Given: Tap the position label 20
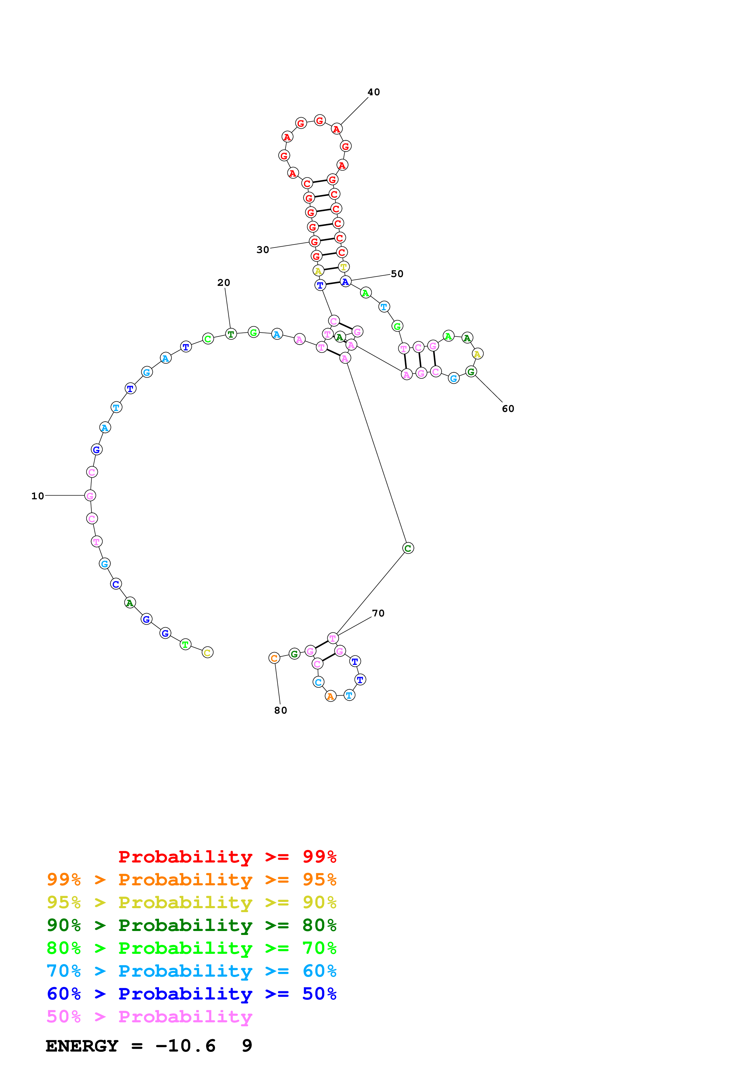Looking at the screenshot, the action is click(x=224, y=282).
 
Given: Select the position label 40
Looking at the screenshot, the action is click(x=374, y=92).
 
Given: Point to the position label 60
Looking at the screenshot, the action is click(x=508, y=408).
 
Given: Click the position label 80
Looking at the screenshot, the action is click(x=280, y=710).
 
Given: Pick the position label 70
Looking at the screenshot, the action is click(x=378, y=613).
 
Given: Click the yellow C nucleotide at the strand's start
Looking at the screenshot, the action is click(x=207, y=653).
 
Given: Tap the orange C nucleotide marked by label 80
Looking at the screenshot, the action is click(x=274, y=658).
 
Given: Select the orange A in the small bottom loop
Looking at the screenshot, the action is click(x=330, y=696).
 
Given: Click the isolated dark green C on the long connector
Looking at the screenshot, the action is click(x=408, y=548).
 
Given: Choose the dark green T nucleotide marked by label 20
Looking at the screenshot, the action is click(x=231, y=334).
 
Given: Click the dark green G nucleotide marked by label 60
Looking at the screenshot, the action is click(x=471, y=372).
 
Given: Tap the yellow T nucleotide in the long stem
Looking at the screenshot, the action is click(x=343, y=267).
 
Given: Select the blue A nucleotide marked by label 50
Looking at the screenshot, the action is click(x=345, y=281).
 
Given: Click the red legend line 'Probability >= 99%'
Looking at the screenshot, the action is click(x=227, y=856).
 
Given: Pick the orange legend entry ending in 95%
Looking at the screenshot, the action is click(x=191, y=879).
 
